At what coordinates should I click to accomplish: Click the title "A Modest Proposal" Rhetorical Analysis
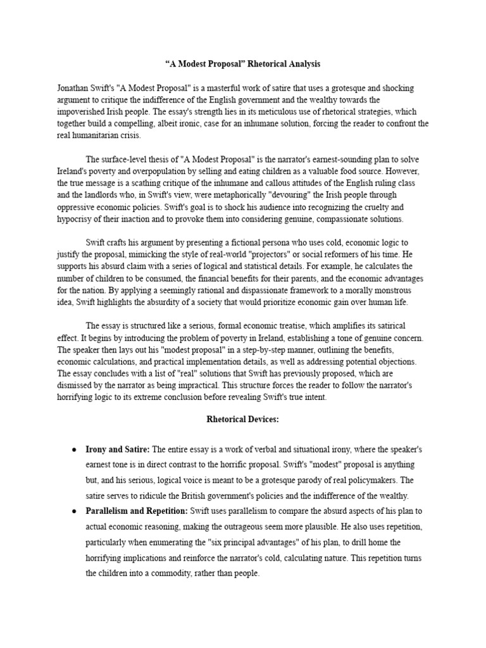click(243, 64)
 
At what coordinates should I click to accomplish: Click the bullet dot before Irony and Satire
click(75, 449)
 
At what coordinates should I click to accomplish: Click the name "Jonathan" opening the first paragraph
click(72, 88)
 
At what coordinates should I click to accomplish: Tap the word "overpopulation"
click(161, 171)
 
